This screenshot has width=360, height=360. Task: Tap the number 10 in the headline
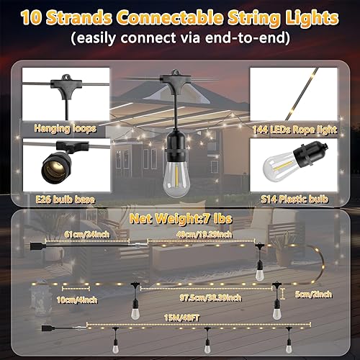(32, 16)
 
